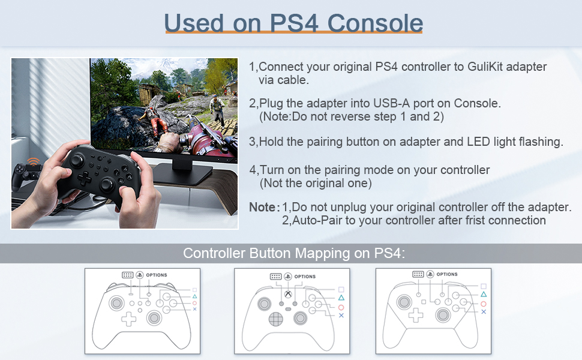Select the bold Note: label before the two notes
click(x=264, y=207)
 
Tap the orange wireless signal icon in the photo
click(x=34, y=161)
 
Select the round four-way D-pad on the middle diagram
click(x=276, y=319)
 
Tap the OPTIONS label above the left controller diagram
click(x=156, y=275)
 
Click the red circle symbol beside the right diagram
click(x=483, y=304)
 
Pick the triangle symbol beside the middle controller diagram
click(x=341, y=298)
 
